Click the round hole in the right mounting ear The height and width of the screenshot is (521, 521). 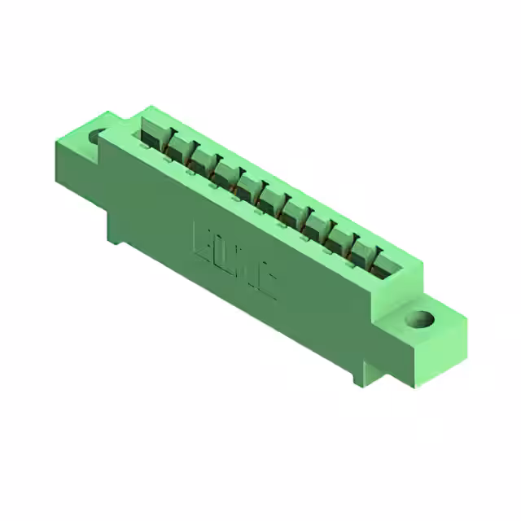click(x=421, y=318)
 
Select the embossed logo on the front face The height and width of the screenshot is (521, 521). click(x=234, y=258)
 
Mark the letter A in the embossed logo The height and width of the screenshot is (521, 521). click(x=245, y=265)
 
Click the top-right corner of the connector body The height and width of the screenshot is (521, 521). click(x=422, y=262)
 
